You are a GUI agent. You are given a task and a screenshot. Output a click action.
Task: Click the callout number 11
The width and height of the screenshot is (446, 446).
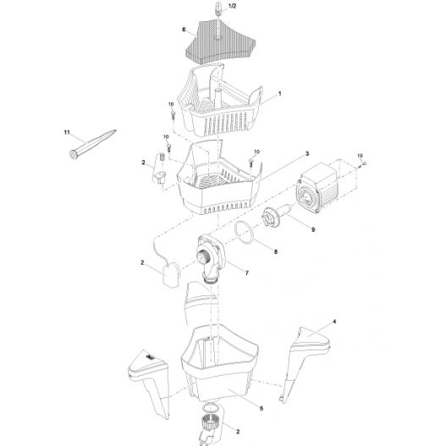65,132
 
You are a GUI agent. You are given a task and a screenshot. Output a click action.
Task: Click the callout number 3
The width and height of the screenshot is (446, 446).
306,152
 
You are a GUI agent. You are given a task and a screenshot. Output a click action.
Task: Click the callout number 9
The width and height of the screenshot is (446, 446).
313,229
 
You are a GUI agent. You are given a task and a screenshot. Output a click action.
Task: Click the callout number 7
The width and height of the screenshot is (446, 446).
246,273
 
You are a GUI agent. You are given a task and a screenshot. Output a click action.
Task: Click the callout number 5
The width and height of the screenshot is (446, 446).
261,408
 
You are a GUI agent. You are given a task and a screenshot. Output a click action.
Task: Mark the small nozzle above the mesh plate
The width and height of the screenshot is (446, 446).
216,10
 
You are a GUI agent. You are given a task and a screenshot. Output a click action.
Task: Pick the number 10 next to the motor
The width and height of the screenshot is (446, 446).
360,155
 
